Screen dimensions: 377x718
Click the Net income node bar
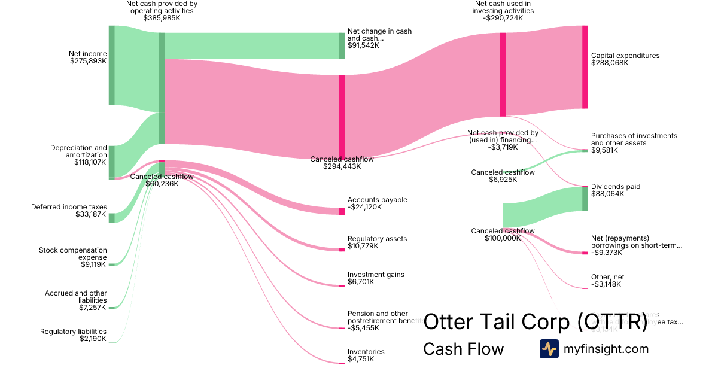tap(111, 65)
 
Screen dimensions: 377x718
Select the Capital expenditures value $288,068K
tap(610, 63)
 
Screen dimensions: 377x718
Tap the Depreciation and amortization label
tap(78, 151)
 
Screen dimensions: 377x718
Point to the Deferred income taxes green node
tap(111, 218)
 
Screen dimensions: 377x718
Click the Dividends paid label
tap(616, 187)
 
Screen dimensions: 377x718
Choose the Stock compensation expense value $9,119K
tap(93, 264)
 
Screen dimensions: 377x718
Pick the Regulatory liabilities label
tap(73, 332)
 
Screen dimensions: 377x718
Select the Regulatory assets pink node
tap(342, 250)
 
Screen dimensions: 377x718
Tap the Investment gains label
tap(376, 275)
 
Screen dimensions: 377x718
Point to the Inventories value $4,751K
tap(361, 359)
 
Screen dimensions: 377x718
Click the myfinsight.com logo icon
tap(549, 349)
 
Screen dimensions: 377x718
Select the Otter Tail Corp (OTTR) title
tap(535, 321)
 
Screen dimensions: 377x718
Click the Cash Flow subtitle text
tap(463, 349)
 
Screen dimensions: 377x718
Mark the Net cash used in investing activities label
tap(503, 7)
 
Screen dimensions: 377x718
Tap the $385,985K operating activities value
tap(162, 18)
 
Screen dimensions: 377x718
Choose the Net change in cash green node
tap(342, 46)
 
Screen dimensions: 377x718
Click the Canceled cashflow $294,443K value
tap(342, 166)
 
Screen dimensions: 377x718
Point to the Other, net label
tap(607, 277)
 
